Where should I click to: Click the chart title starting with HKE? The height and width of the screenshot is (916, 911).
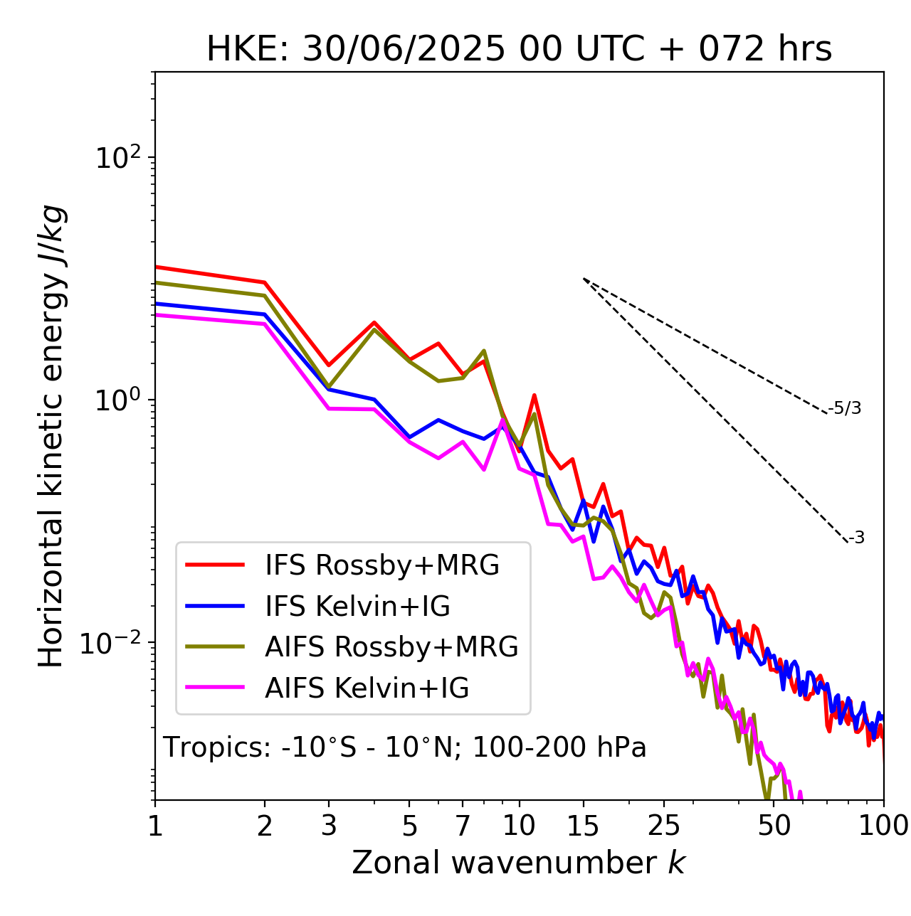pyautogui.click(x=519, y=50)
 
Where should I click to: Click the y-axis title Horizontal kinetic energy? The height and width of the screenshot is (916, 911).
pyautogui.click(x=51, y=436)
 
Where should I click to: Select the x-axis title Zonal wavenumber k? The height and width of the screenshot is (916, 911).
pyautogui.click(x=519, y=862)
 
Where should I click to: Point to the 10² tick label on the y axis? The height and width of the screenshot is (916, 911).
pyautogui.click(x=117, y=158)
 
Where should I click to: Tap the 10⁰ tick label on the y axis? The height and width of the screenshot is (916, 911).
pyautogui.click(x=117, y=400)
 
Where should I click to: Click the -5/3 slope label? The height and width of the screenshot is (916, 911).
pyautogui.click(x=845, y=408)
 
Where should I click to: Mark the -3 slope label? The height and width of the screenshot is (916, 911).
pyautogui.click(x=857, y=538)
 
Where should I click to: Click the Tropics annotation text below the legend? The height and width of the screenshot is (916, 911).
pyautogui.click(x=405, y=748)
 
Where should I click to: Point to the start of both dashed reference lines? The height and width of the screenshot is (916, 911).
pyautogui.click(x=584, y=279)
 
